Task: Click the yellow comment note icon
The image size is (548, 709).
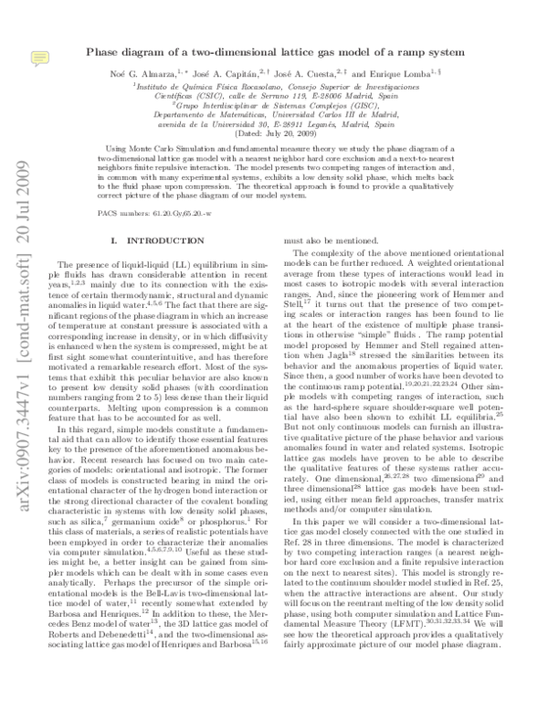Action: [38, 58]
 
